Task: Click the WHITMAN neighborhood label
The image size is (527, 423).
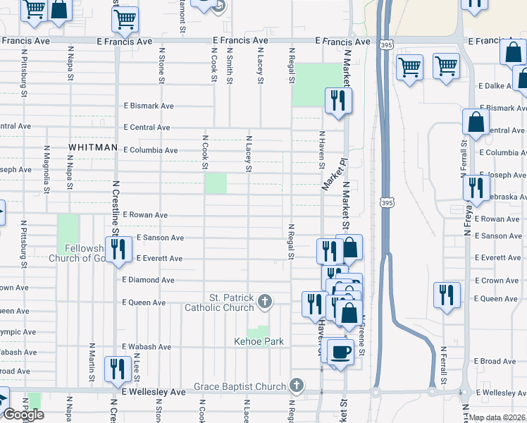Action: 92,147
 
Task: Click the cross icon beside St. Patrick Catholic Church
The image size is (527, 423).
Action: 264,302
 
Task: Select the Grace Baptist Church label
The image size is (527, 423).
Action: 240,386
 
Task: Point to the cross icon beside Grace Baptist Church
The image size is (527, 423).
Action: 297,386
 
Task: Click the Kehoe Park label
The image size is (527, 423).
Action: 259,342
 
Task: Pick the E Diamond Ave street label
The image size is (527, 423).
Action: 148,280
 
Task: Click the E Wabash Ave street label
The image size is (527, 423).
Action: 147,347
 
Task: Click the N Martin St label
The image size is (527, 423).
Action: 92,362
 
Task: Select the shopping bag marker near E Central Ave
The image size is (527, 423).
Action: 476,122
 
